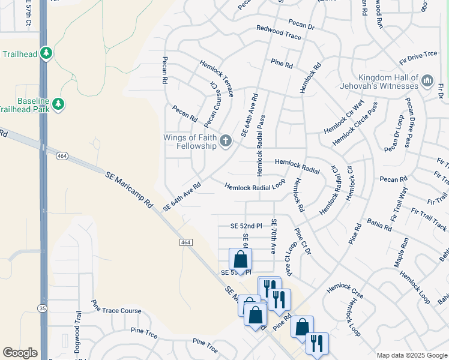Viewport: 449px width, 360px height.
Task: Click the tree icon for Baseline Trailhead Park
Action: click(58, 104)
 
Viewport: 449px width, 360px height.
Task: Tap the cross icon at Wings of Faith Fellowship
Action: click(226, 142)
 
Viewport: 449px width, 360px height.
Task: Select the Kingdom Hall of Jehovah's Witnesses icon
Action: click(427, 80)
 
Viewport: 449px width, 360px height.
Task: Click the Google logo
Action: click(20, 353)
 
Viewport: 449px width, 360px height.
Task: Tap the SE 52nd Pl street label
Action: click(247, 226)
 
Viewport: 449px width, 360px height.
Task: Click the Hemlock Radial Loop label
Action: click(255, 187)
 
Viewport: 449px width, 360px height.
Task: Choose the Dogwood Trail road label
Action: click(77, 333)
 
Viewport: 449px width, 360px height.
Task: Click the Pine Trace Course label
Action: click(116, 307)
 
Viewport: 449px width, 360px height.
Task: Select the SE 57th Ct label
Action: click(28, 13)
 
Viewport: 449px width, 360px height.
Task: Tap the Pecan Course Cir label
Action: click(212, 106)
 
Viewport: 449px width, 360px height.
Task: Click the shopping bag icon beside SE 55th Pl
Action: click(241, 260)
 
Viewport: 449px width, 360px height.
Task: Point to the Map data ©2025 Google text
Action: click(411, 355)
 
